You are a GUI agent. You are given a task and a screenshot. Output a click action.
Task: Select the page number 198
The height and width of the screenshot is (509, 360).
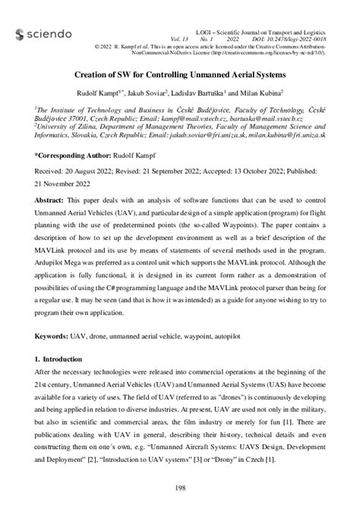[x=180, y=487]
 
